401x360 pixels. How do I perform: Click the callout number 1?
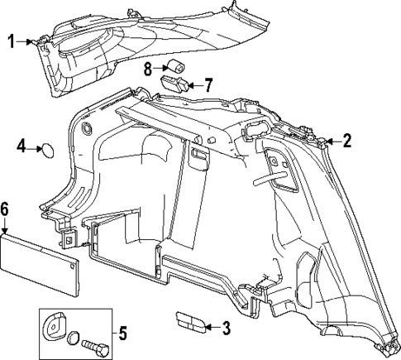pos(11,41)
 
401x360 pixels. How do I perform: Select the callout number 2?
pos(347,141)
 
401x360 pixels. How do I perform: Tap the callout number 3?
pos(226,328)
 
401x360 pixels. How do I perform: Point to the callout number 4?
pos(21,146)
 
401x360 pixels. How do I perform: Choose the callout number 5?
pos(122,334)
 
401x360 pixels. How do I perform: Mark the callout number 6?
pos(4,210)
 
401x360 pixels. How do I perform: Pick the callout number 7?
pos(208,85)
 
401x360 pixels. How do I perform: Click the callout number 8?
pos(148,69)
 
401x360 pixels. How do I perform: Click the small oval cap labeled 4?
pos(48,151)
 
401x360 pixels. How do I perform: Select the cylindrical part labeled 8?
pos(176,67)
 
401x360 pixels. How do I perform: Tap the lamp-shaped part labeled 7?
pos(174,84)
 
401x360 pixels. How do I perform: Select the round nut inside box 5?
pos(74,338)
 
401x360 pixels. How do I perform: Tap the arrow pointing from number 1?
pos(24,42)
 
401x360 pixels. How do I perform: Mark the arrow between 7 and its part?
pos(196,85)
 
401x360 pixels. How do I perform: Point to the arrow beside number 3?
pos(212,328)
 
